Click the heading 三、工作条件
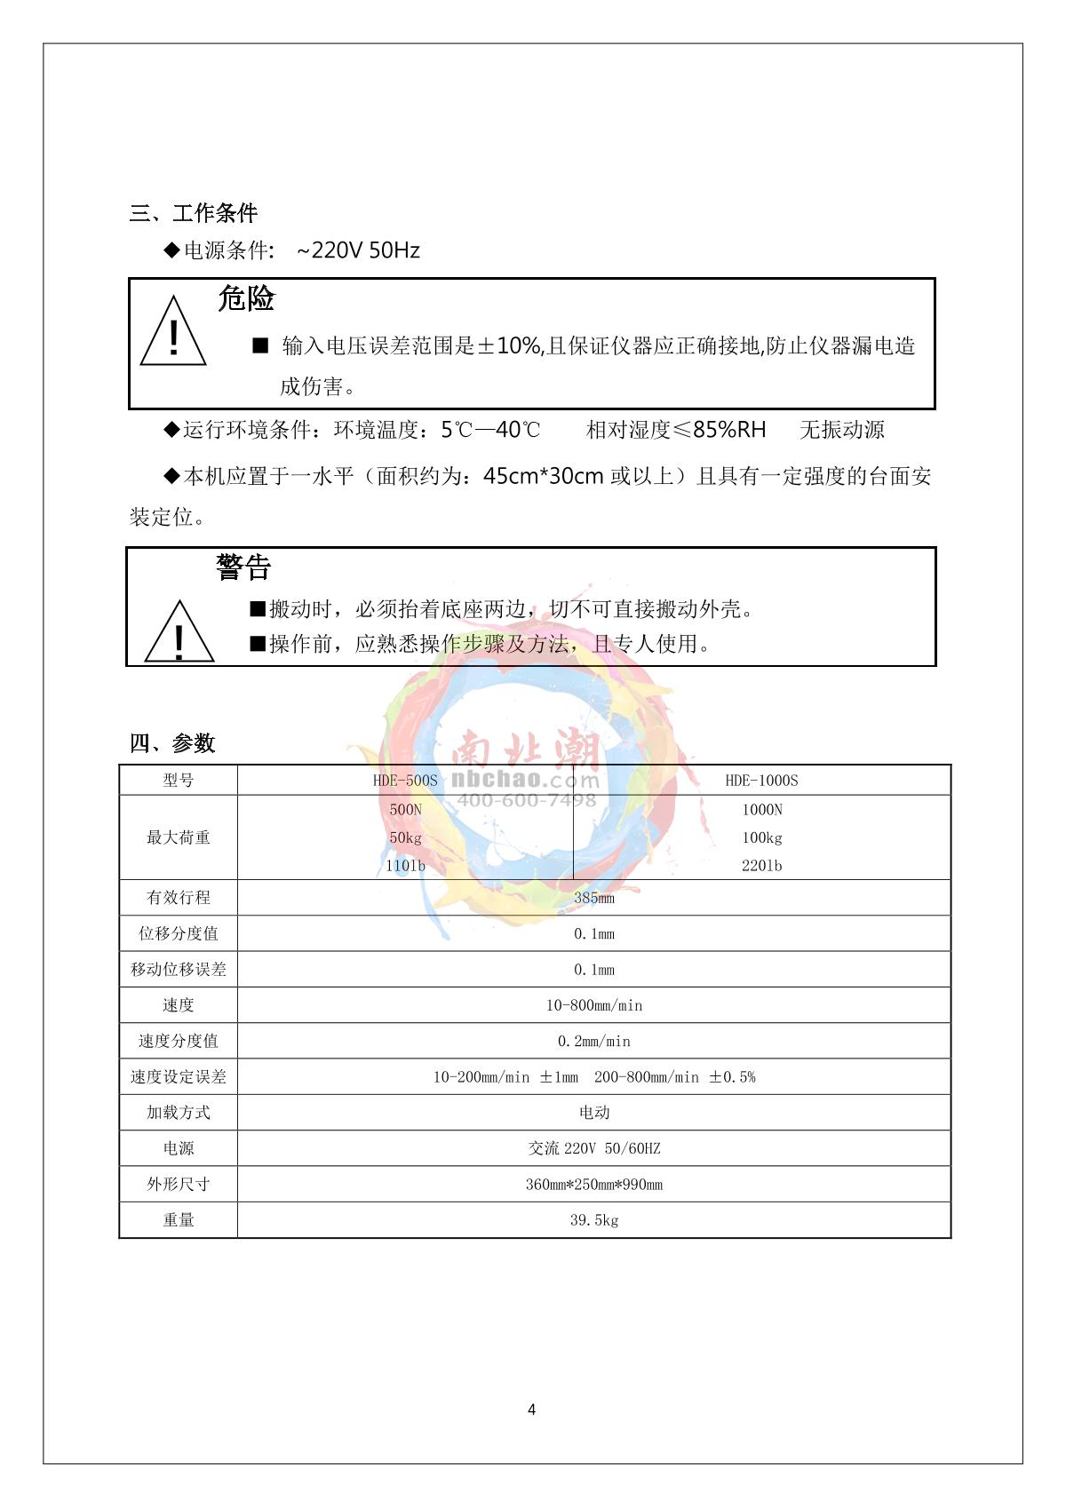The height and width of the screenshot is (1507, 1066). [x=194, y=213]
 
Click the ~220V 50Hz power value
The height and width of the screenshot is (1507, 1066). [x=358, y=250]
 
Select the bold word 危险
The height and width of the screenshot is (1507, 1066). [x=246, y=298]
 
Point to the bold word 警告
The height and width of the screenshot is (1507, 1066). [x=243, y=567]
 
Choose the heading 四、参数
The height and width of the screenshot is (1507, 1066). [x=172, y=743]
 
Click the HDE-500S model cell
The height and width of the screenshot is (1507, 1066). [x=405, y=781]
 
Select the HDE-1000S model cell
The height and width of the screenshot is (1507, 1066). [x=761, y=781]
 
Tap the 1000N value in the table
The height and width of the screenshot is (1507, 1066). [x=761, y=810]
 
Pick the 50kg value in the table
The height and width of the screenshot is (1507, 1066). [x=405, y=837]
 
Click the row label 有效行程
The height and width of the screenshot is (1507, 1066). [x=179, y=898]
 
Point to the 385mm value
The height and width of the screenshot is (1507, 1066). [x=593, y=898]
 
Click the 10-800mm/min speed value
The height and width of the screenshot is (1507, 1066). [x=593, y=1005]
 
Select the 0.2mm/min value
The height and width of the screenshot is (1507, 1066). [x=593, y=1041]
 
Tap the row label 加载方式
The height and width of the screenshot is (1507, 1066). [x=179, y=1113]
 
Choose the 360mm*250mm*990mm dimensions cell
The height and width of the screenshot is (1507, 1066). [x=593, y=1185]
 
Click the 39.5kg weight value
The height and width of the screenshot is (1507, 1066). [x=593, y=1220]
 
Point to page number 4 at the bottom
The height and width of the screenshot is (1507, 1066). [x=531, y=1409]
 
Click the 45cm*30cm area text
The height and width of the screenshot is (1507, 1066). [x=544, y=477]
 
